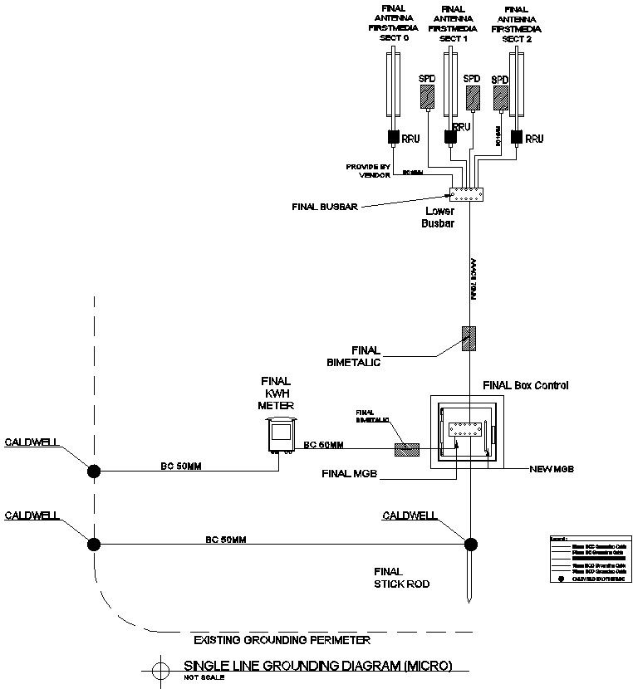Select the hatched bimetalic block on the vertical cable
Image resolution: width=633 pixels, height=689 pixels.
click(469, 339)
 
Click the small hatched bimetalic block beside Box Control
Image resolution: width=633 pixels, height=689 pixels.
click(406, 449)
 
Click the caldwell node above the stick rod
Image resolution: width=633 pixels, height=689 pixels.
click(470, 544)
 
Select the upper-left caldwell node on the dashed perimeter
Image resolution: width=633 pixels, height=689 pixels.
click(95, 471)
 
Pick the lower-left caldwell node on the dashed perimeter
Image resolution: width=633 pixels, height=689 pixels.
click(95, 544)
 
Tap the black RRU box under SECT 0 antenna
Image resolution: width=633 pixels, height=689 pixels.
click(392, 137)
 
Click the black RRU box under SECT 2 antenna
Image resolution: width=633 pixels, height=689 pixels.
click(517, 137)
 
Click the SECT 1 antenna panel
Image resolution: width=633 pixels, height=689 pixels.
click(451, 87)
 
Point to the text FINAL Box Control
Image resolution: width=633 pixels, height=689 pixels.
click(526, 386)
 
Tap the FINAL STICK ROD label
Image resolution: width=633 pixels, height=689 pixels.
click(388, 577)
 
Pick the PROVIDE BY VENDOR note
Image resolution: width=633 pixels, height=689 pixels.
click(368, 170)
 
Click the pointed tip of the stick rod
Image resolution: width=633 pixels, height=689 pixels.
click(470, 600)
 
